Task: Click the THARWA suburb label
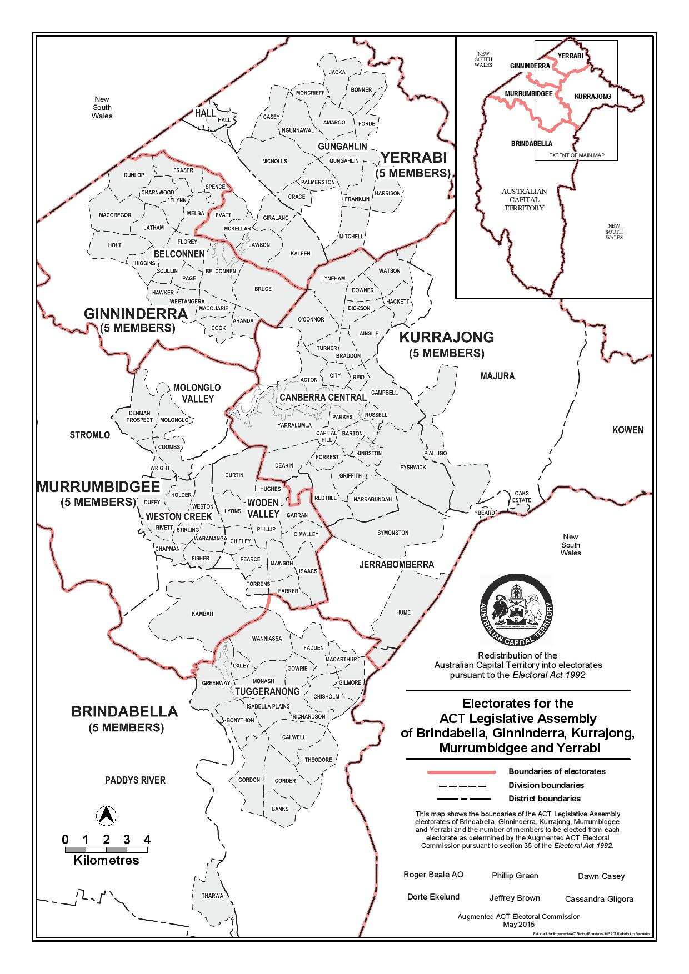pos(212,896)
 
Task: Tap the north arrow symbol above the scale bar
pos(106,816)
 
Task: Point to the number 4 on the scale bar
pos(147,839)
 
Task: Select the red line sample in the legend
pos(461,772)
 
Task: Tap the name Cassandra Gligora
pos(598,898)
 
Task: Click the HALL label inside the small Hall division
pos(224,120)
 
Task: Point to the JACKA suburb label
pos(337,72)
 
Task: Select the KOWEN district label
pos(627,430)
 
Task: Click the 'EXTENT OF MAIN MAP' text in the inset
pos(576,155)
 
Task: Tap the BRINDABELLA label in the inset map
pos(531,143)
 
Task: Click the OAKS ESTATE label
pos(522,496)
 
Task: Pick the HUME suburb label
pos(403,612)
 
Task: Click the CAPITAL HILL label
pos(327,436)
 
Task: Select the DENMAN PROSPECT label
pos(139,416)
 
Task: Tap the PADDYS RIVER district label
pos(135,780)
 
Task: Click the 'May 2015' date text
pos(518,925)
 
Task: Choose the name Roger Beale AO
pos(433,875)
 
